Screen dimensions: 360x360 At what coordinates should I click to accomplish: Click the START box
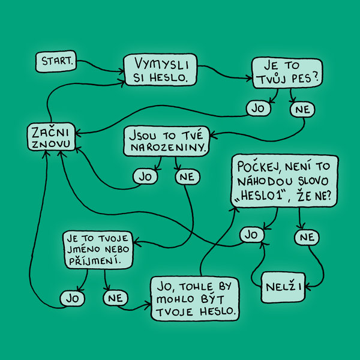[x=56, y=61]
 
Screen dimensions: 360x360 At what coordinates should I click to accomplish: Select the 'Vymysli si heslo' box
[x=160, y=70]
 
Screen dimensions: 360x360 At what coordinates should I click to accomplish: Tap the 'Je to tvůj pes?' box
[x=287, y=73]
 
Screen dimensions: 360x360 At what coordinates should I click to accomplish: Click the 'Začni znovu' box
[x=51, y=137]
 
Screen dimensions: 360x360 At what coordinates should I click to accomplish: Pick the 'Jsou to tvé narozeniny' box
[x=167, y=141]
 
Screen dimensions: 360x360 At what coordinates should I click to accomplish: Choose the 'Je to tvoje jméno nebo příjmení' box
[x=98, y=250]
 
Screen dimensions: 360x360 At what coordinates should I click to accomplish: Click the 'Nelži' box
[x=283, y=287]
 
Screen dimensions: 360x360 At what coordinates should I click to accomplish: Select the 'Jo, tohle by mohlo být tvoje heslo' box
[x=195, y=298]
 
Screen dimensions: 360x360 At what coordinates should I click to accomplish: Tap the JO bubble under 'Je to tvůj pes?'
[x=258, y=109]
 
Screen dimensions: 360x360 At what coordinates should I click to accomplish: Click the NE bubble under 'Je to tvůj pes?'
[x=302, y=110]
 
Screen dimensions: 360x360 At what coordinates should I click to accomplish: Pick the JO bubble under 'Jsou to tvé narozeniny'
[x=145, y=177]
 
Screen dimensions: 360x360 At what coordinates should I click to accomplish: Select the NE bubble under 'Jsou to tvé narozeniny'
[x=187, y=177]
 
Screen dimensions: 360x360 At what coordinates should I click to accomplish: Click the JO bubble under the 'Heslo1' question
[x=251, y=235]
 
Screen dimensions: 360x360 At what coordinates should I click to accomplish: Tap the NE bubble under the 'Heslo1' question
[x=307, y=237]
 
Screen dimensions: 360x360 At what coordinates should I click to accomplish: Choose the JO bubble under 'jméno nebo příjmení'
[x=73, y=298]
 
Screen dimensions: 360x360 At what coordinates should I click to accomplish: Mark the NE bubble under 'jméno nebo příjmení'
[x=115, y=298]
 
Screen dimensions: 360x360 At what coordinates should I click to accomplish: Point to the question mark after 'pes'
[x=316, y=77]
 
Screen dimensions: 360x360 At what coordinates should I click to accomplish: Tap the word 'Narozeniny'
[x=167, y=147]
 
